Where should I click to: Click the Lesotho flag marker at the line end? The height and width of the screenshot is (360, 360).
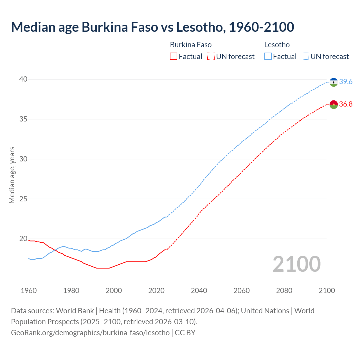(x=334, y=82)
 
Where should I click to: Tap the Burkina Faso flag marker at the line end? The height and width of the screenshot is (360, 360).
(x=334, y=104)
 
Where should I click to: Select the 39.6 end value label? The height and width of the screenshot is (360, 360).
(x=346, y=82)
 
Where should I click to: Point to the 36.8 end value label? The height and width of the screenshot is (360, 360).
(x=346, y=104)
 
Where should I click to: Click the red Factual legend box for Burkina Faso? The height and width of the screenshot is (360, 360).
(x=174, y=57)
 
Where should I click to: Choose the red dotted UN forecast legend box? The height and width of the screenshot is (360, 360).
(x=211, y=57)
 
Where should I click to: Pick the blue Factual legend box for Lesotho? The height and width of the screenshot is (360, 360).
(x=268, y=57)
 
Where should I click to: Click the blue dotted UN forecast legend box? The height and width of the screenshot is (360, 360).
(x=305, y=57)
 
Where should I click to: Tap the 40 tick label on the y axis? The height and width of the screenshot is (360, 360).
(x=23, y=79)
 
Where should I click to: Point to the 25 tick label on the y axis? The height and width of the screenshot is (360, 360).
(x=23, y=199)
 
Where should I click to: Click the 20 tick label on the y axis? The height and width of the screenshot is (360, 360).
(x=23, y=239)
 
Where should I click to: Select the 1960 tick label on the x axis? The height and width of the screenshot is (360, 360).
(x=29, y=291)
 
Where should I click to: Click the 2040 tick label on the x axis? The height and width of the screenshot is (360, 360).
(x=199, y=291)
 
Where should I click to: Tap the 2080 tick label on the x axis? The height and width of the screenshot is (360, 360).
(x=284, y=291)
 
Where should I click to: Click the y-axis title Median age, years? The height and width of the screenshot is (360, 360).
(x=12, y=175)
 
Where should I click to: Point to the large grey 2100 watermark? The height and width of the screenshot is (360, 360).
(x=296, y=264)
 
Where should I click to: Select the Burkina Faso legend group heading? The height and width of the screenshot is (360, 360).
(x=191, y=45)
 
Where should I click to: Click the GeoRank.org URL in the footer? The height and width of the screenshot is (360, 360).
(x=90, y=332)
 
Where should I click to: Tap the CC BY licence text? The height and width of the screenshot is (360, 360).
(x=185, y=332)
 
